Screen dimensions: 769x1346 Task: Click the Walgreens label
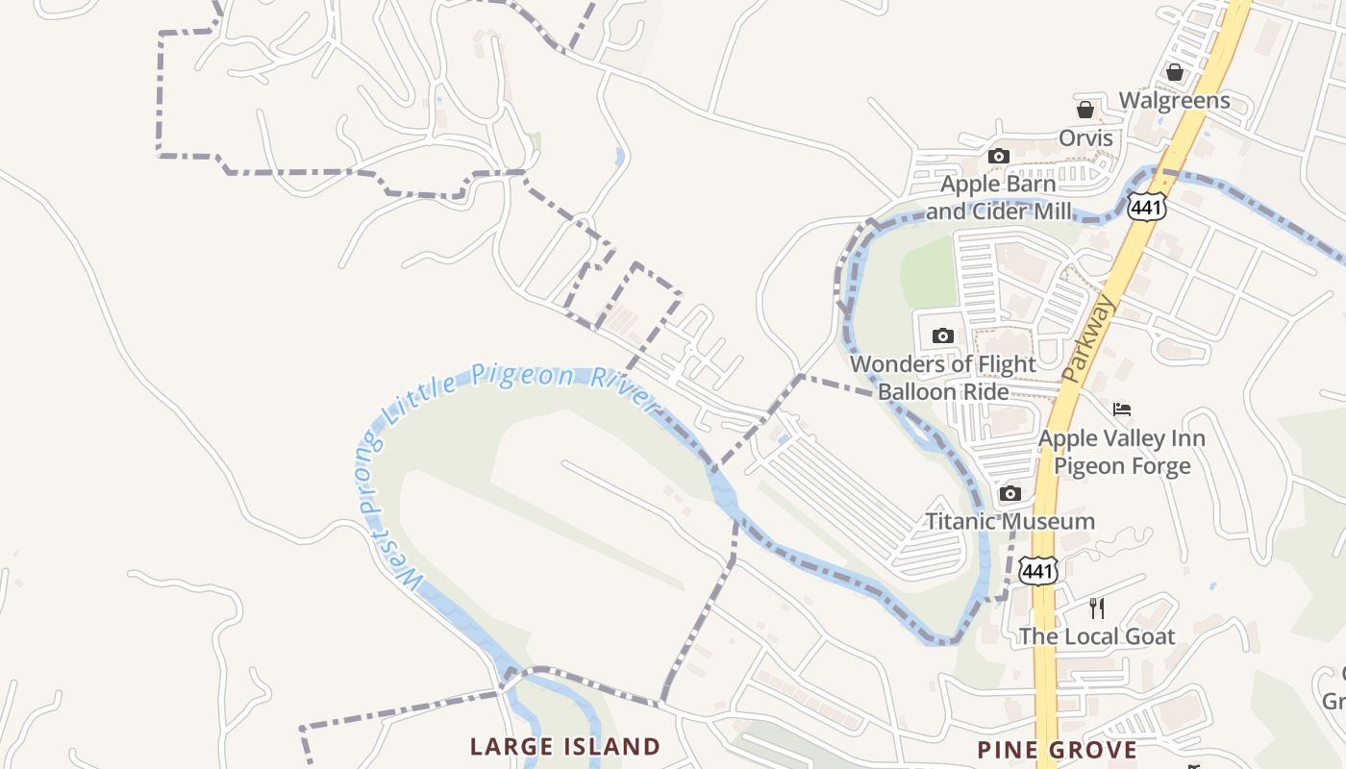[1174, 101]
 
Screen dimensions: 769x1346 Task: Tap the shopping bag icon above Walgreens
[1174, 72]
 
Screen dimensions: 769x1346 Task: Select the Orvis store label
[1085, 138]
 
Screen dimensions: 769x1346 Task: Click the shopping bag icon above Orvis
[1085, 110]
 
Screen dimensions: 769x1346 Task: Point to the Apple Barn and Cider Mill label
[998, 198]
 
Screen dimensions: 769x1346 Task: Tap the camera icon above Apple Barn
[999, 156]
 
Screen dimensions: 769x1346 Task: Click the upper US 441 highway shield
[1147, 207]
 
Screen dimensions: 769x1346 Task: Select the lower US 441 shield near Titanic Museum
[1039, 571]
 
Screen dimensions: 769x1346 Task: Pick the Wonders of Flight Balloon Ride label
[942, 378]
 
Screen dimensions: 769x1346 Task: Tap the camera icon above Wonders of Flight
[943, 335]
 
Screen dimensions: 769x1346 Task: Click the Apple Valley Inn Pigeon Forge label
[1121, 453]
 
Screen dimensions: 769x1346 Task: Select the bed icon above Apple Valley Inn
[1122, 409]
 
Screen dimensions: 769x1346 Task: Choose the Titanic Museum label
[1009, 522]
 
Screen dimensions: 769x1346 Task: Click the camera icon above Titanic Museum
[1009, 494]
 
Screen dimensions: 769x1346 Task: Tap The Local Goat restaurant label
[1096, 636]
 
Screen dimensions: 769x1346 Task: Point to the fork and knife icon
[1096, 608]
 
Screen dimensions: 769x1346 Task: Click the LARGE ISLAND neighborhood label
[564, 747]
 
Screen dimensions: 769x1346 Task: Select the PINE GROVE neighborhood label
[1057, 750]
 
